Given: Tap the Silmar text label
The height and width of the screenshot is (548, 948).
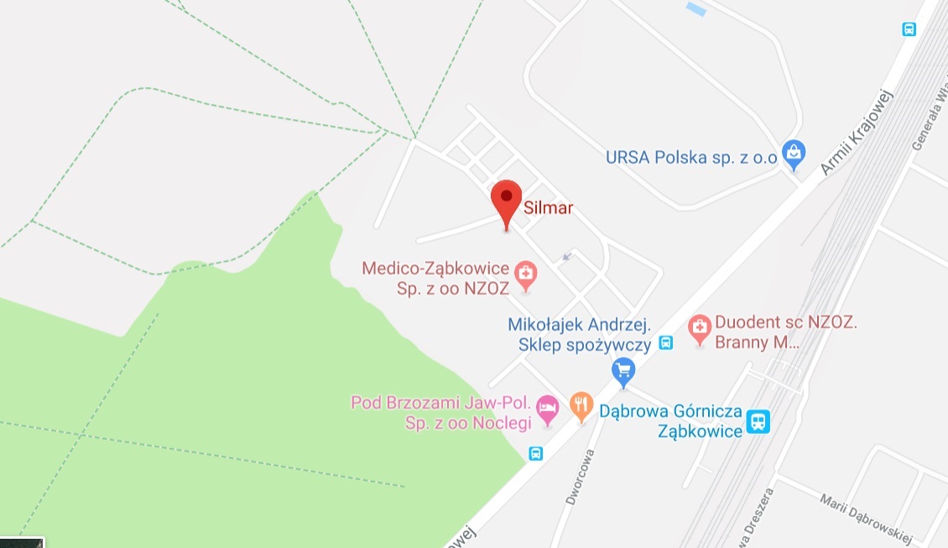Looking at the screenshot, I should [548, 208].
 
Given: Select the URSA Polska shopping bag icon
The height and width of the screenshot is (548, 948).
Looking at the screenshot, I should [793, 154].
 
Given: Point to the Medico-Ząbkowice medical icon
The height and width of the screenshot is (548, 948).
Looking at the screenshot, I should [526, 274].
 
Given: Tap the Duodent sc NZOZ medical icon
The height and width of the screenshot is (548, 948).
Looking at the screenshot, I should [699, 328].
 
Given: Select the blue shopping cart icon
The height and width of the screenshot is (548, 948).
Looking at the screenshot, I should [622, 370].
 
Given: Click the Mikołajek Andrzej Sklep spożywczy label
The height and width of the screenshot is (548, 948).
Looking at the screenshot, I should [580, 334].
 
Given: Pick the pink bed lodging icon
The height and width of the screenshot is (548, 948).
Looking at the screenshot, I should [547, 409].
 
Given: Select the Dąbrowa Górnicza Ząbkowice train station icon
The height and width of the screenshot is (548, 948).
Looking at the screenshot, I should [758, 420].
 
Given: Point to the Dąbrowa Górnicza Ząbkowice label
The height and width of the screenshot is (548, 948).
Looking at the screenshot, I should [670, 421].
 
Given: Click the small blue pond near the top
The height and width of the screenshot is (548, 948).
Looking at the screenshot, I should [696, 9].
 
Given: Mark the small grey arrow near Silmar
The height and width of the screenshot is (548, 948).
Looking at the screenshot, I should [567, 256].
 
